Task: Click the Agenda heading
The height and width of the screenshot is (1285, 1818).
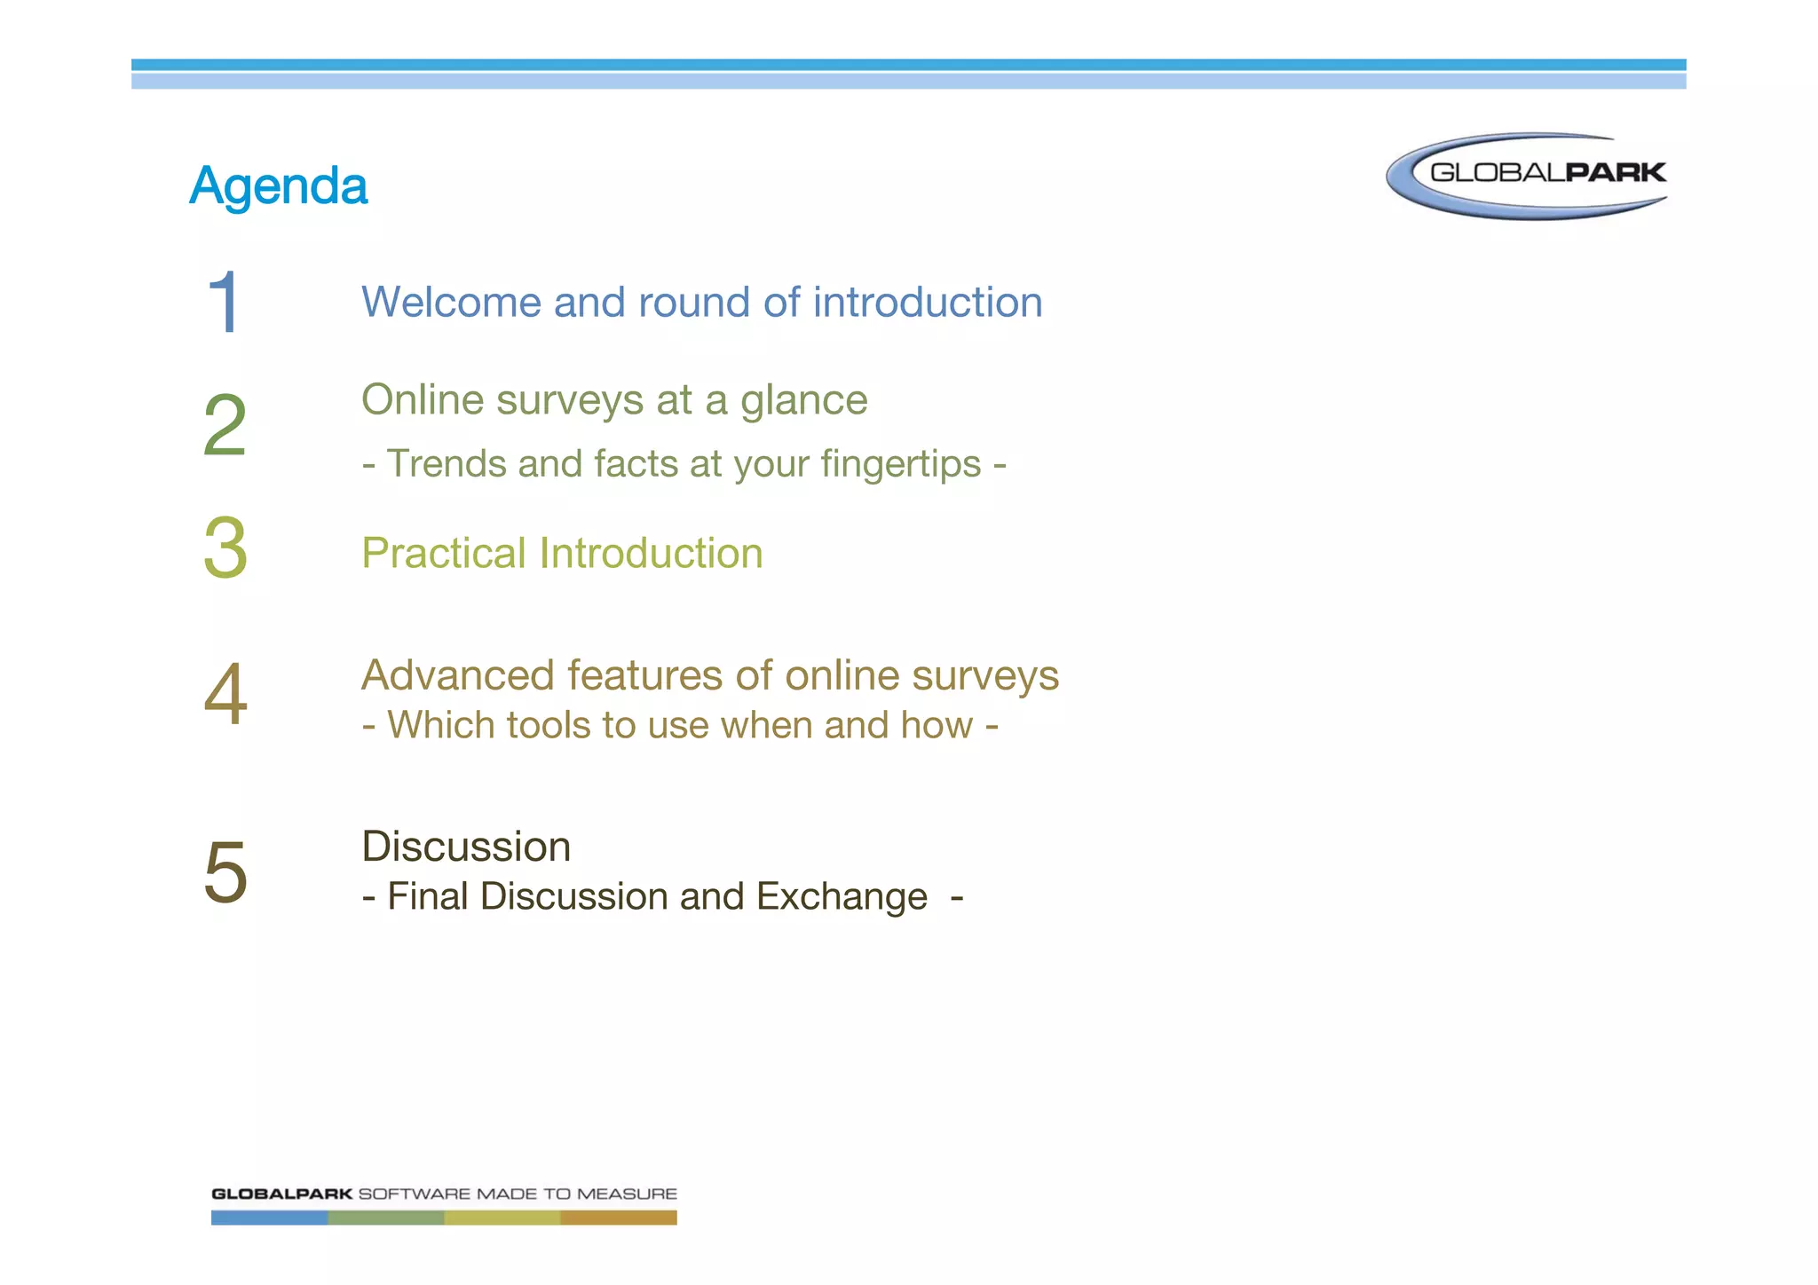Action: [278, 186]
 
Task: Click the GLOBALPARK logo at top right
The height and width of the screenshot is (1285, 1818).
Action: [1528, 175]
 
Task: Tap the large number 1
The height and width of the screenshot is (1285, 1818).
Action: [224, 303]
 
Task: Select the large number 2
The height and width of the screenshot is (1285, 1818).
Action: [225, 426]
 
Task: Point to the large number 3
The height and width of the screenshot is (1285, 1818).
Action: [225, 548]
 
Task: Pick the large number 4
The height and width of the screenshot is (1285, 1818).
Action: [225, 695]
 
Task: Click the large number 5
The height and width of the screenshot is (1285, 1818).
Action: [225, 872]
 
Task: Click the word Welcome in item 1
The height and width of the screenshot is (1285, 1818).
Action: [450, 303]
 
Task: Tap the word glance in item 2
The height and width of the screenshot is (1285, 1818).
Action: [803, 400]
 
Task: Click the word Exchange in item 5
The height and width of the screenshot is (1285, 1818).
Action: [841, 896]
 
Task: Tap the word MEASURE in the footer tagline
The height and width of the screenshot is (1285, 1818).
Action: [627, 1194]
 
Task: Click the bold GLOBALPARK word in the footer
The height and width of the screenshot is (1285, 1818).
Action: [281, 1194]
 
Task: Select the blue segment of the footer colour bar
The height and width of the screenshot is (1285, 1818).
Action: [269, 1218]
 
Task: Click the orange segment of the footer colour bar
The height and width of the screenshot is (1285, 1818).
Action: [618, 1218]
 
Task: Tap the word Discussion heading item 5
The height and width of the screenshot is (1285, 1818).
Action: [466, 847]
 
